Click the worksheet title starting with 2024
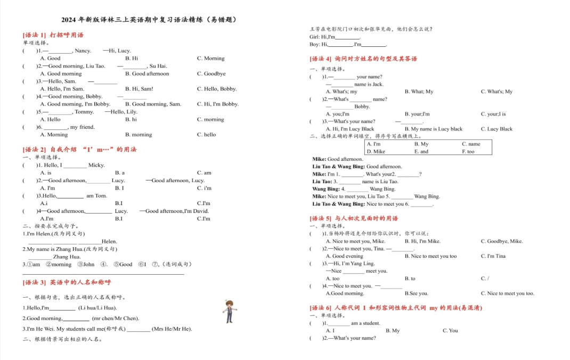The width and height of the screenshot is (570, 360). (149, 20)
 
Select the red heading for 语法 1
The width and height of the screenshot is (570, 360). (53, 35)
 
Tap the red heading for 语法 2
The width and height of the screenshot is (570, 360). (80, 150)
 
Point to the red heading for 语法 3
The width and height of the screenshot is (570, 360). (67, 282)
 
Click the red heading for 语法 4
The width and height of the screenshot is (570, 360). (363, 59)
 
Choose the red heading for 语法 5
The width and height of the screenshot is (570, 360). (354, 218)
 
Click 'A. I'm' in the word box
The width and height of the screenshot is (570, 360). (373, 144)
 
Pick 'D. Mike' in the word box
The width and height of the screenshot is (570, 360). (376, 151)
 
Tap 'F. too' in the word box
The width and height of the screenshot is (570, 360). (468, 151)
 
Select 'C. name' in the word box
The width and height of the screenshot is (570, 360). (471, 144)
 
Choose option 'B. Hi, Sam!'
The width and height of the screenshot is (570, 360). (139, 89)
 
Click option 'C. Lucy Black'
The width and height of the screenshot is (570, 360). (496, 129)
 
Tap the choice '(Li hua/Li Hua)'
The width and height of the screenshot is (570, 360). (97, 308)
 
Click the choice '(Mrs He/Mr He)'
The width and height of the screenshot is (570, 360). (172, 329)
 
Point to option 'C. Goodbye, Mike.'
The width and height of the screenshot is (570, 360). (501, 241)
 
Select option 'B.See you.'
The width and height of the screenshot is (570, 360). (416, 293)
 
